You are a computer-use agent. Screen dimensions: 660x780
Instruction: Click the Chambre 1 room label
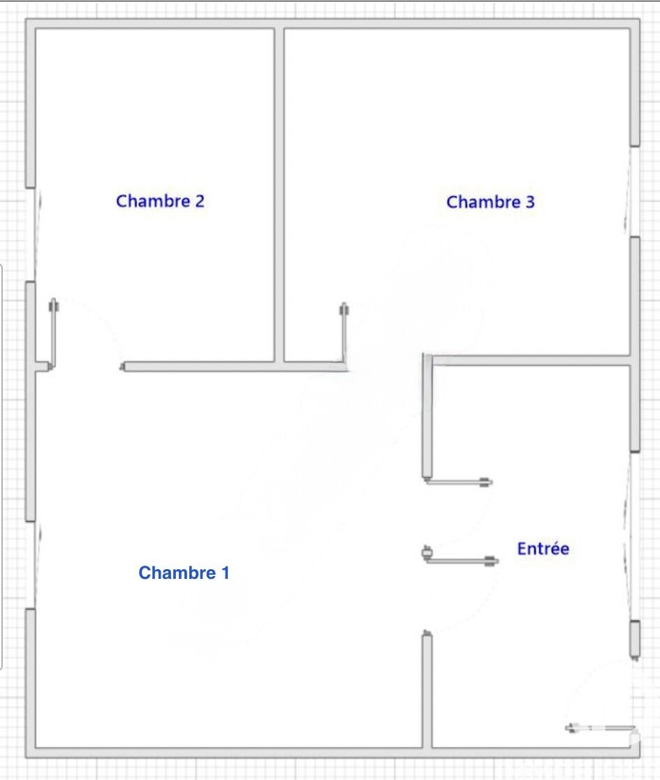(x=184, y=573)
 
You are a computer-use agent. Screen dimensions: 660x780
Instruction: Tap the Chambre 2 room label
(x=160, y=201)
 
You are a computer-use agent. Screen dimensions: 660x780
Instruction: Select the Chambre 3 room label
(x=490, y=202)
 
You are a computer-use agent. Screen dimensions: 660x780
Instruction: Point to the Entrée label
(x=543, y=548)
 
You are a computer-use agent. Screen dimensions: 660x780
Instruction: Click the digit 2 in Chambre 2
(x=200, y=201)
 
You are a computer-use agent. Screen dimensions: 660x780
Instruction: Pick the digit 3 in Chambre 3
(x=530, y=202)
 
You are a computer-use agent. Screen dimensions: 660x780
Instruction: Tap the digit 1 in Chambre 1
(x=226, y=573)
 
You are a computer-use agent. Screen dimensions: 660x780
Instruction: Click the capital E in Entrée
(x=522, y=548)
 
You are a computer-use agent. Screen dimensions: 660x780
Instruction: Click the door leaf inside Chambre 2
(x=53, y=333)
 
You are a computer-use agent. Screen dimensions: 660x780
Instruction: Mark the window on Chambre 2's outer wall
(x=36, y=235)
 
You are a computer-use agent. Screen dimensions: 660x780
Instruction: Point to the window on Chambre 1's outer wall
(x=36, y=565)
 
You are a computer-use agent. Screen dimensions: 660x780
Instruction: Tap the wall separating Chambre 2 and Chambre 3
(x=279, y=195)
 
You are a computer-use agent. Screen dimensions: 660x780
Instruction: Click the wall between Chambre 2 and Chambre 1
(x=235, y=367)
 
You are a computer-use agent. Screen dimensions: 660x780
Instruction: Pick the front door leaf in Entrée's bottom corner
(x=601, y=728)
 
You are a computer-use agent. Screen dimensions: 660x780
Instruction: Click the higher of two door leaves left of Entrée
(x=457, y=482)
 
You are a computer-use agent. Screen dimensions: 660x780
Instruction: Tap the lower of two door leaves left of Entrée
(x=460, y=560)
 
